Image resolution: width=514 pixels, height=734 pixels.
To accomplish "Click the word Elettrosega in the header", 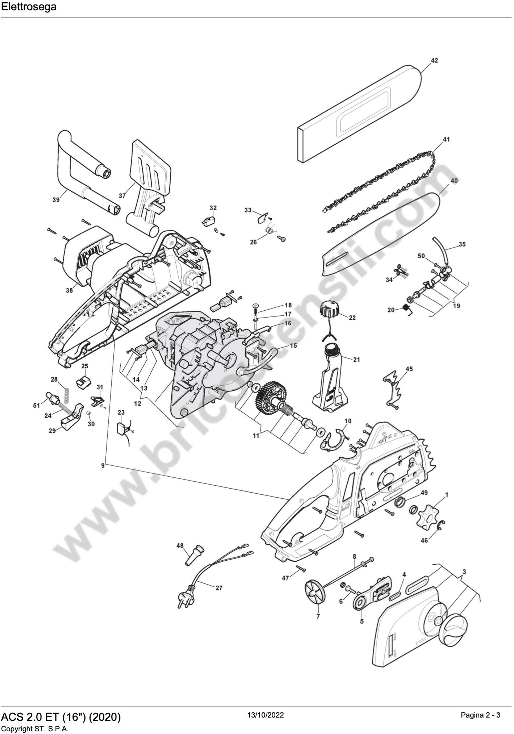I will point(29,7).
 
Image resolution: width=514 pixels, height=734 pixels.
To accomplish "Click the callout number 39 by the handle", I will point(56,200).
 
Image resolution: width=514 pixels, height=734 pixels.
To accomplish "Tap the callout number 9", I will point(103,466).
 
